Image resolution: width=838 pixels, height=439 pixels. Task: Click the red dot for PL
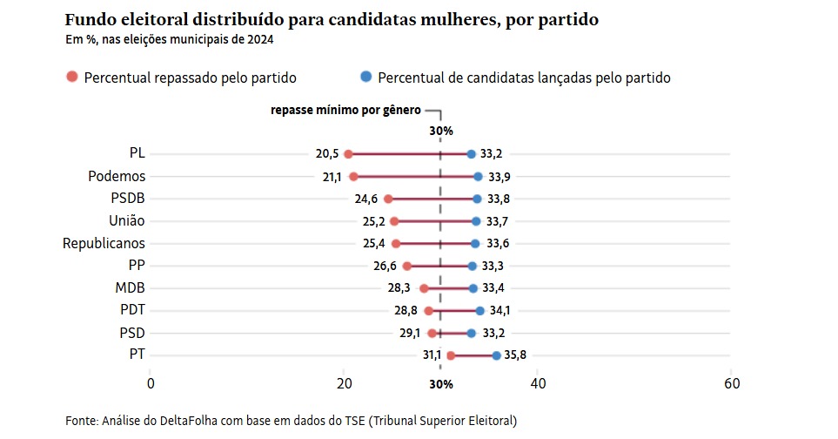tap(348, 154)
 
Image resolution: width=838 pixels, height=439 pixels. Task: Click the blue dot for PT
tap(496, 355)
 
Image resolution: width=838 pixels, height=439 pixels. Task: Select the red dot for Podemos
tap(353, 177)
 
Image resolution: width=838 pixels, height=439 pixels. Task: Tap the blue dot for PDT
tap(479, 310)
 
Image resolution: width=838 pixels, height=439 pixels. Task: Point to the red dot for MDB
tap(424, 288)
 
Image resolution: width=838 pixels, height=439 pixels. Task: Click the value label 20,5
tap(327, 154)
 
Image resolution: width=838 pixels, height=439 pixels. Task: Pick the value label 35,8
tap(516, 355)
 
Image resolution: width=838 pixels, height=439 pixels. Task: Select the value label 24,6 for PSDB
tap(366, 199)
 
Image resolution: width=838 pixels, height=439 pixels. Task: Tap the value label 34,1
tap(499, 310)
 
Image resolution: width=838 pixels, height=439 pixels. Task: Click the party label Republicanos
tap(104, 244)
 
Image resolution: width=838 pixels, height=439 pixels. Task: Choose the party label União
tap(127, 221)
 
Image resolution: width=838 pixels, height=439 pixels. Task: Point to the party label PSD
tap(132, 333)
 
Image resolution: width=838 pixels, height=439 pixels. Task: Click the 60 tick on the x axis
tap(731, 384)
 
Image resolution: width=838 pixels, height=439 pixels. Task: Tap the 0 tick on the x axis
tap(151, 384)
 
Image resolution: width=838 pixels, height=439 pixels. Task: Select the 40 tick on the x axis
tap(538, 384)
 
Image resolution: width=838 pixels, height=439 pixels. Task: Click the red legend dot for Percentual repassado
tap(72, 78)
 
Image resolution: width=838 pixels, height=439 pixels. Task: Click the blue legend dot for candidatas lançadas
tap(365, 78)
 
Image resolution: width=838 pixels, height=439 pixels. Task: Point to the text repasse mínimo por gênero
tap(345, 111)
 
